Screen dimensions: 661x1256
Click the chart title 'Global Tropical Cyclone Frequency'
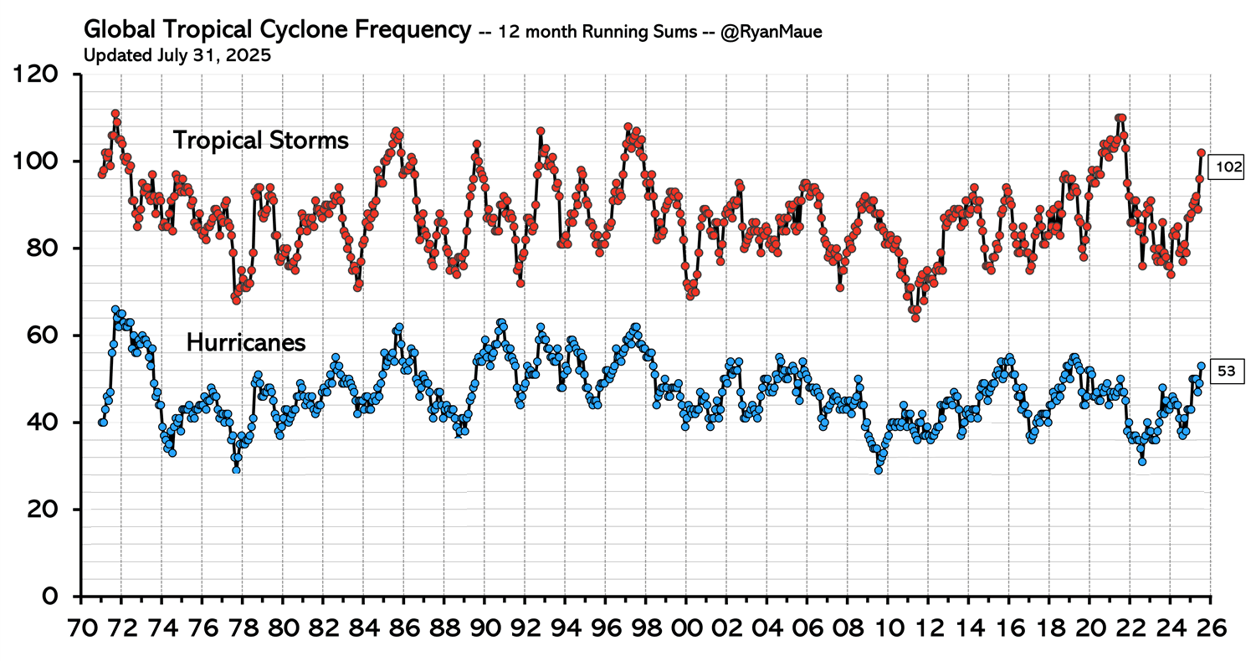(277, 31)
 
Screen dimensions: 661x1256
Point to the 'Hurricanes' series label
(245, 342)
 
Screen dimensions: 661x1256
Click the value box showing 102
(1228, 168)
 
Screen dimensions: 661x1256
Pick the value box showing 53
(1225, 371)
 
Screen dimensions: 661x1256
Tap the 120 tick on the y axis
(42, 74)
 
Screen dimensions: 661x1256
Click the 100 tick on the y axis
(42, 161)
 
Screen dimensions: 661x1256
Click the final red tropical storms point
(1201, 153)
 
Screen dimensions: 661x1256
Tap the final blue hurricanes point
(1201, 366)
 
